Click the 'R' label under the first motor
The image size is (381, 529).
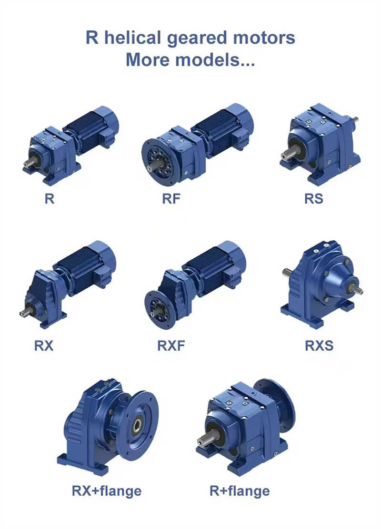pos(49,198)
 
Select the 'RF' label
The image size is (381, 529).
pos(171,198)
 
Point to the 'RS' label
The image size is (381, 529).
pos(313,198)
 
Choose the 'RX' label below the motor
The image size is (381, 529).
pos(44,346)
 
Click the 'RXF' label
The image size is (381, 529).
pos(171,346)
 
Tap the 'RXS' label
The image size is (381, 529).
pos(319,346)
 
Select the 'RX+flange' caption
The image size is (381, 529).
pos(107,490)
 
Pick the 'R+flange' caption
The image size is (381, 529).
pos(240,490)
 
